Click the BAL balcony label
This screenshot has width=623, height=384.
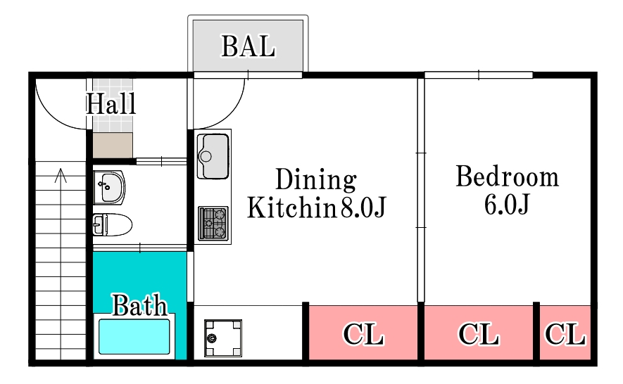(x=248, y=46)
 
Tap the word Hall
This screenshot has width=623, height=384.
(x=111, y=103)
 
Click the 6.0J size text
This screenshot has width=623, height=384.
(x=507, y=205)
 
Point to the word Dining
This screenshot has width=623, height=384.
(x=316, y=179)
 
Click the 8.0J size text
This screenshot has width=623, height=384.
(x=363, y=207)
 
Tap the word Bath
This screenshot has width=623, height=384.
(x=139, y=305)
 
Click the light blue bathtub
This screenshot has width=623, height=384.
(x=134, y=336)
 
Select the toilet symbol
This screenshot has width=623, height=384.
(x=113, y=225)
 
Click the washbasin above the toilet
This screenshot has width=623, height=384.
(x=109, y=188)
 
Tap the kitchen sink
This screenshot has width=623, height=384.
(x=213, y=156)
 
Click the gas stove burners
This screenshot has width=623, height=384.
(x=213, y=224)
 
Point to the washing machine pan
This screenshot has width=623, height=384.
(x=223, y=338)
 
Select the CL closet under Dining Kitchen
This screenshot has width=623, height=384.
(x=363, y=333)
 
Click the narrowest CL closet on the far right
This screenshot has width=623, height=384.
(x=565, y=333)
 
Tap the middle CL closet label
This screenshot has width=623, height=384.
(x=479, y=334)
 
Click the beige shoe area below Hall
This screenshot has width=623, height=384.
(x=113, y=146)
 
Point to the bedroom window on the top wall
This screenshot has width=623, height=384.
(x=479, y=75)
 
